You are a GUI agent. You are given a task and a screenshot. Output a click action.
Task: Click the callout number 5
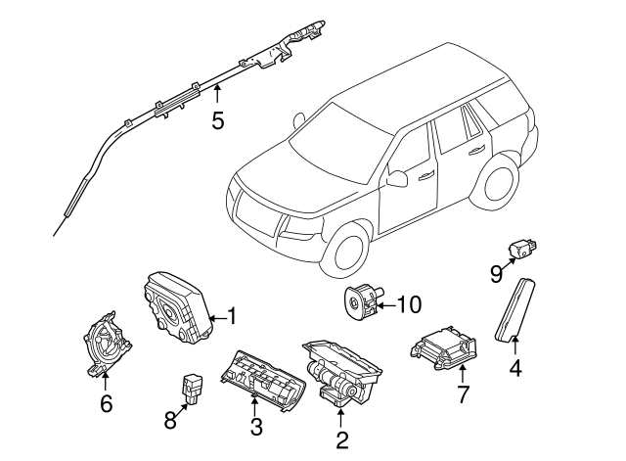pyautogui.click(x=217, y=120)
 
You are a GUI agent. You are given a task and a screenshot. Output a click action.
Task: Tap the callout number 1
pyautogui.click(x=232, y=316)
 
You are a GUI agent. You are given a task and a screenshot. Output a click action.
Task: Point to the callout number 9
pyautogui.click(x=496, y=273)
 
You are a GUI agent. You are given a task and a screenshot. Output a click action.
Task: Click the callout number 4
pyautogui.click(x=514, y=369)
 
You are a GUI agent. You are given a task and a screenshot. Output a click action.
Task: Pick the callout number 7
pyautogui.click(x=464, y=394)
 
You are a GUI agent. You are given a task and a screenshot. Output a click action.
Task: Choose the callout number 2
pyautogui.click(x=341, y=440)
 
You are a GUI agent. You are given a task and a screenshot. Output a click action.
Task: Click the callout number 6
pyautogui.click(x=106, y=402)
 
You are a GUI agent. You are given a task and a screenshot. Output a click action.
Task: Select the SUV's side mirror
pyautogui.click(x=397, y=178)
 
